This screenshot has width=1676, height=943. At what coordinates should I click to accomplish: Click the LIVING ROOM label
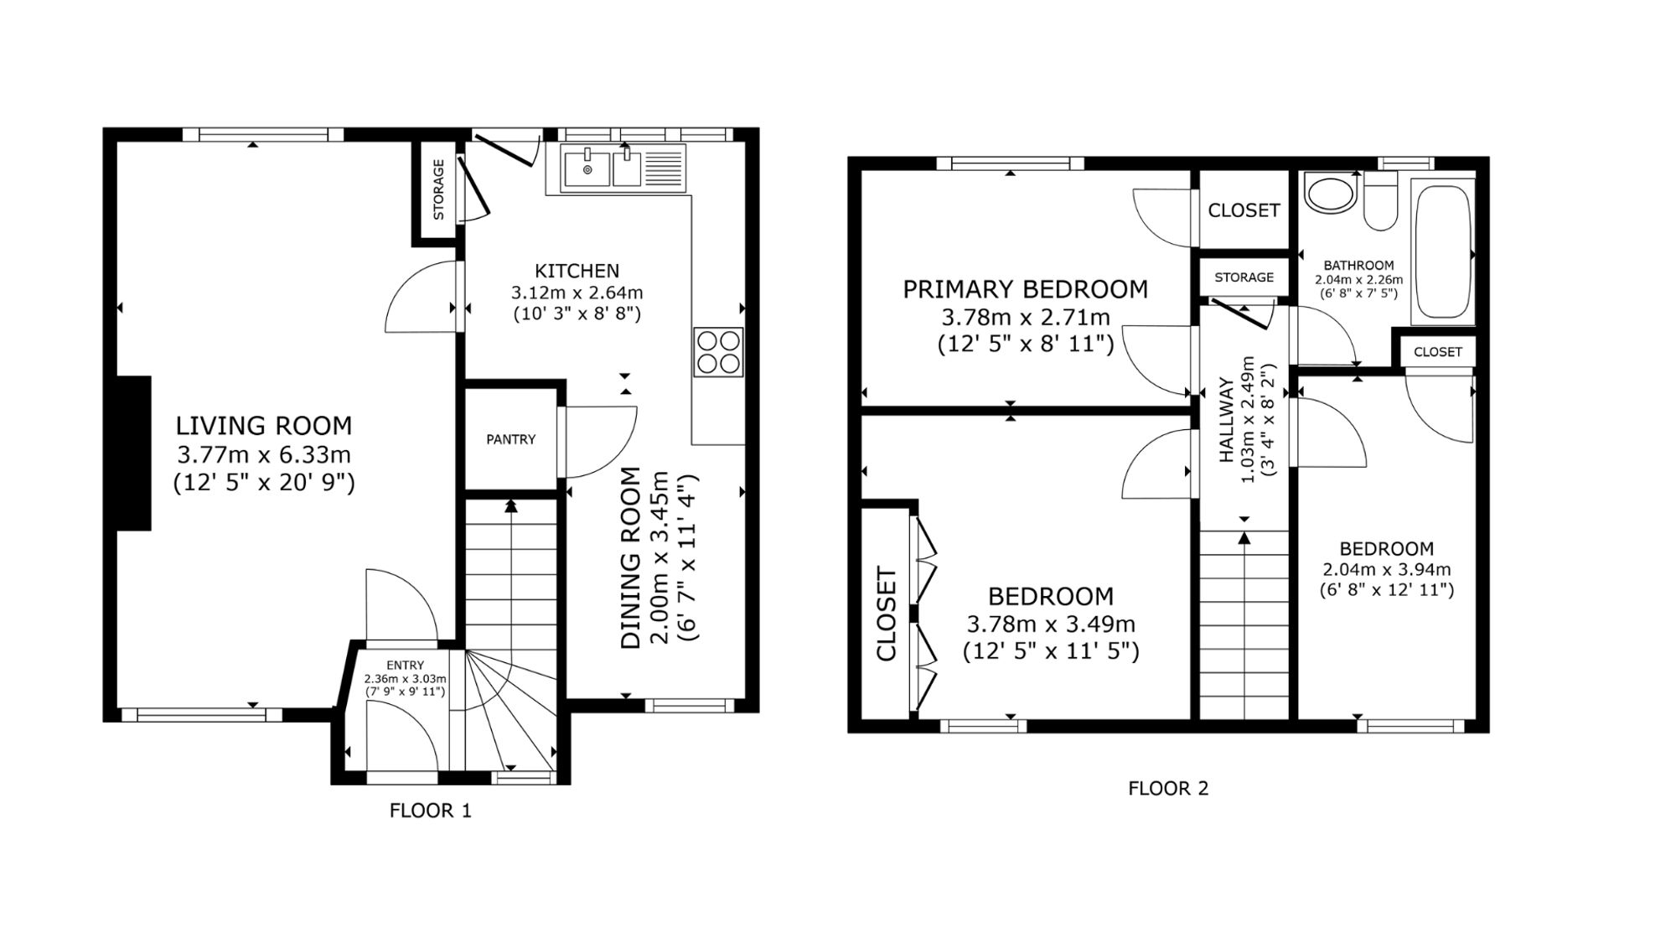pyautogui.click(x=264, y=426)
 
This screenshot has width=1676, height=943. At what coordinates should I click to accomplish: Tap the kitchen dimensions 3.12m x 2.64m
pyautogui.click(x=577, y=293)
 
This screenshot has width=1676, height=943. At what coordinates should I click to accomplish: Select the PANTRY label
pyautogui.click(x=510, y=439)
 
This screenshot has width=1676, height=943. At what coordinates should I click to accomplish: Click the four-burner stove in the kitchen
pyautogui.click(x=719, y=352)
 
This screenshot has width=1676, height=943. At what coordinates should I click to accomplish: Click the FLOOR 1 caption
pyautogui.click(x=431, y=811)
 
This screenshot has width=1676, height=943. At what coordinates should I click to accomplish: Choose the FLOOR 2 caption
pyautogui.click(x=1168, y=788)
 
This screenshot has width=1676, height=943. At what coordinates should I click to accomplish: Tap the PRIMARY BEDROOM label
pyautogui.click(x=1025, y=289)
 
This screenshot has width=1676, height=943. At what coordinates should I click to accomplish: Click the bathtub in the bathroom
pyautogui.click(x=1442, y=251)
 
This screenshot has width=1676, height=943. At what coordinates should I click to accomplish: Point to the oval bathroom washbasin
pyautogui.click(x=1329, y=195)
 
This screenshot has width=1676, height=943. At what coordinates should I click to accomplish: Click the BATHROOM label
pyautogui.click(x=1359, y=266)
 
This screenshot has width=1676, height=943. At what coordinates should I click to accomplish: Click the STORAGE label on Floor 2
pyautogui.click(x=1244, y=277)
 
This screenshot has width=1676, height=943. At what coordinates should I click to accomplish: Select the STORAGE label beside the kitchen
pyautogui.click(x=438, y=189)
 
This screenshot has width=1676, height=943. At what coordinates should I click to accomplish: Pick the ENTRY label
pyautogui.click(x=405, y=666)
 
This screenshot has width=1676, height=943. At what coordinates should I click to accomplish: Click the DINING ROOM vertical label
pyautogui.click(x=631, y=557)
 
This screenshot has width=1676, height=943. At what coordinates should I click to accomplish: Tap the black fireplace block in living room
pyautogui.click(x=133, y=453)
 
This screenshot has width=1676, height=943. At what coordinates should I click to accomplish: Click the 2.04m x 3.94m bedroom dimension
pyautogui.click(x=1386, y=570)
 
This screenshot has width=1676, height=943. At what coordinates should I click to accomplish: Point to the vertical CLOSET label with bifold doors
pyautogui.click(x=887, y=614)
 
